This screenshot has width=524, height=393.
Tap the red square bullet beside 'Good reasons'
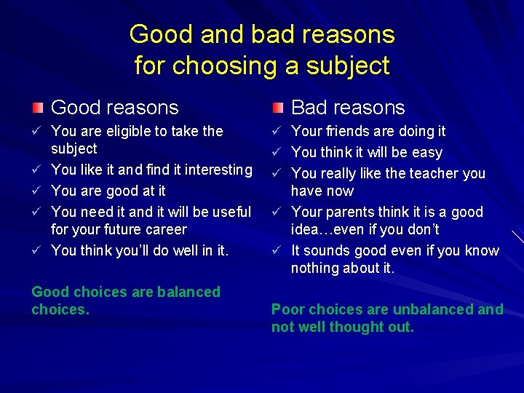click(x=37, y=108)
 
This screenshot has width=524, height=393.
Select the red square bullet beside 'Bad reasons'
click(x=277, y=108)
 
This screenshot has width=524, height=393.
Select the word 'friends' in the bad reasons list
click(x=346, y=131)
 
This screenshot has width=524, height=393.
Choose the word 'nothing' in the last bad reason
click(x=314, y=268)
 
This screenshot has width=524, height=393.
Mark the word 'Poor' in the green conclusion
click(x=287, y=309)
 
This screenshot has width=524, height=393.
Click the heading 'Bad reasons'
click(x=348, y=108)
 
